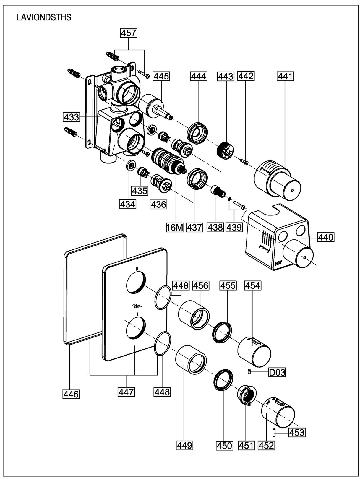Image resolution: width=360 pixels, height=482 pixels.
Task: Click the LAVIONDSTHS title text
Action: [44, 17]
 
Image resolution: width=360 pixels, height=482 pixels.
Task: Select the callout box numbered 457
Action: [129, 33]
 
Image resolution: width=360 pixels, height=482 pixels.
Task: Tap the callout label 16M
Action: [174, 227]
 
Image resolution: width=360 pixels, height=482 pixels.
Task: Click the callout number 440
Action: [326, 237]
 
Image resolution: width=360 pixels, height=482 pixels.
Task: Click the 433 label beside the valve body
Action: [71, 117]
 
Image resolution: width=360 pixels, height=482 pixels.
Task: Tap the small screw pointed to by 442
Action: [244, 161]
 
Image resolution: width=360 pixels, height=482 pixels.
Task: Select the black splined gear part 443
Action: [225, 150]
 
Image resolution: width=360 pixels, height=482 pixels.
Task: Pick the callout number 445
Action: [161, 77]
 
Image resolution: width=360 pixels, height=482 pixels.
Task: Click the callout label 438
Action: [215, 227]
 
